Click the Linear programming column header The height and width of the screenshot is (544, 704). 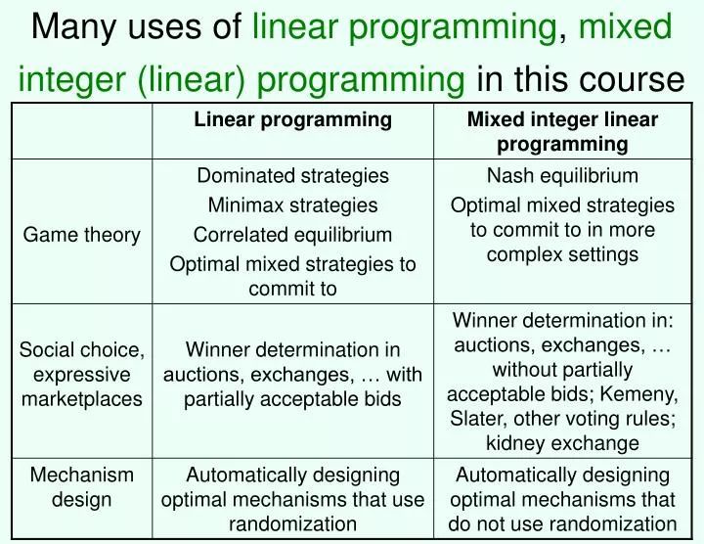pos(292,120)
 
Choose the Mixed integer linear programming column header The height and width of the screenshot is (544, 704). pos(562,132)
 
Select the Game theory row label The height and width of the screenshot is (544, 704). pos(81,235)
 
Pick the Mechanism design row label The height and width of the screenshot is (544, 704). pos(81,487)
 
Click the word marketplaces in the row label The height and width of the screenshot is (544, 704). pos(81,399)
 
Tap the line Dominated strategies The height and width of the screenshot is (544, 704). pos(292,176)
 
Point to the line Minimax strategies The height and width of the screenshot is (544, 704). pos(292,205)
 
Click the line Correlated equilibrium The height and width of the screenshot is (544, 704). pos(292,235)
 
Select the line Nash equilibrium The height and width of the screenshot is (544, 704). pos(562,176)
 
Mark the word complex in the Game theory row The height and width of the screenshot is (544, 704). pos(529,255)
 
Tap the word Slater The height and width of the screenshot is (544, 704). pos(477,418)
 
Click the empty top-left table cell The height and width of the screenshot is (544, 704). pos(81,131)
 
